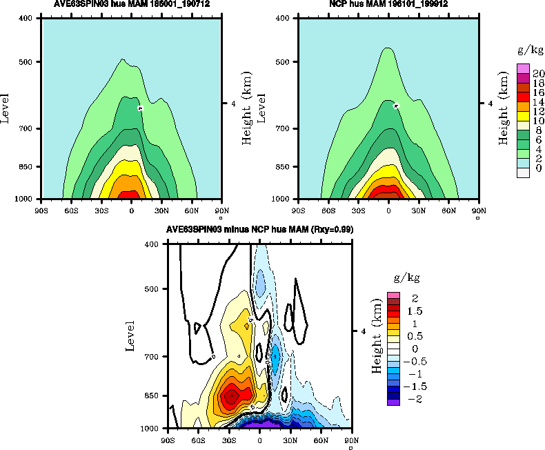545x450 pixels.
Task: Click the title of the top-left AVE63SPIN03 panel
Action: pos(131,4)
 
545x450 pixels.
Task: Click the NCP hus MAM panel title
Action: pos(388,4)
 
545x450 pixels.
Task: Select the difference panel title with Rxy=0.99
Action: pos(258,229)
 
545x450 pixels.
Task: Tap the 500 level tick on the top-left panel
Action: pos(32,62)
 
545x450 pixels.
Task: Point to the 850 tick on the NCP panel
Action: pos(283,167)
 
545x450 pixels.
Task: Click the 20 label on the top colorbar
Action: pos(539,74)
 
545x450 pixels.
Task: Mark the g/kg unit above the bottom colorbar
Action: pos(406,277)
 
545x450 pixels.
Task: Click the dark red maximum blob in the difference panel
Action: pos(232,395)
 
